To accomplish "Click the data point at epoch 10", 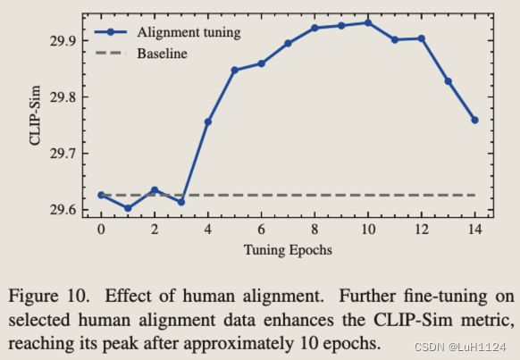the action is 368,23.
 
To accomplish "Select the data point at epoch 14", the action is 475,120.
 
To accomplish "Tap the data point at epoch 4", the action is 208,122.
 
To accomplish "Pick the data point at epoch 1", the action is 128,208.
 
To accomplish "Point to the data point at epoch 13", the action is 448,81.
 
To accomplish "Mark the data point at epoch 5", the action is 234,71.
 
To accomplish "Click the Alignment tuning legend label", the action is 189,32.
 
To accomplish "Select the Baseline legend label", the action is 163,54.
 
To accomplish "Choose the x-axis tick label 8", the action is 315,229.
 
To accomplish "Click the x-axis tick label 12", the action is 422,229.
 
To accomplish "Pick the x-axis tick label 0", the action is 101,229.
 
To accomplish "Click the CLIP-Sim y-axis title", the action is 35,115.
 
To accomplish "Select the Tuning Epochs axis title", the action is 288,250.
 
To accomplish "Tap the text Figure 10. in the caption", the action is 49,296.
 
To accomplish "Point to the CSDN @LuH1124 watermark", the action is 460,347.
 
